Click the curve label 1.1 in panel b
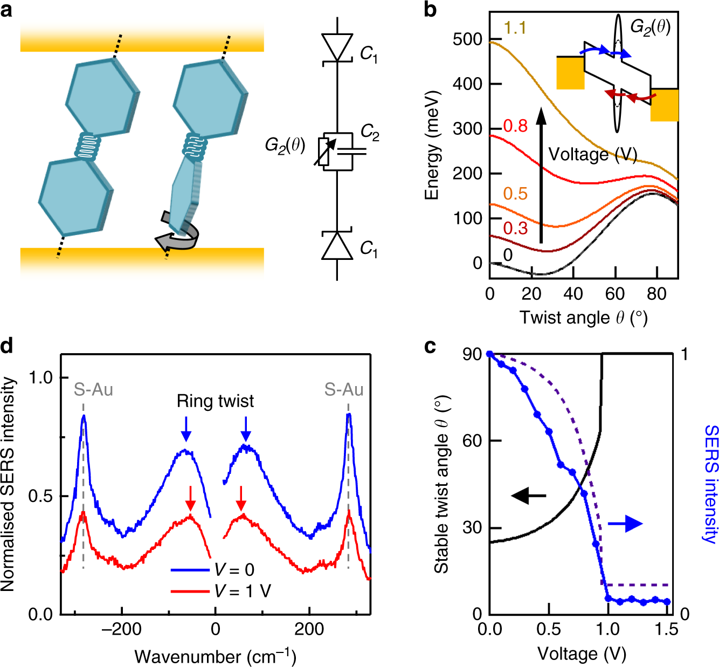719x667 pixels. pyautogui.click(x=515, y=28)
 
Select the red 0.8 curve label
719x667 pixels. pyautogui.click(x=515, y=126)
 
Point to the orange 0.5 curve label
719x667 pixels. pyautogui.click(x=515, y=194)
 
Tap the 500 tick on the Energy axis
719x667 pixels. pyautogui.click(x=467, y=39)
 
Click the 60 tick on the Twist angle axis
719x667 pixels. pyautogui.click(x=614, y=294)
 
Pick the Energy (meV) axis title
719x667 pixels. pyautogui.click(x=432, y=146)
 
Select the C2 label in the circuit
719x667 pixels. pyautogui.click(x=370, y=132)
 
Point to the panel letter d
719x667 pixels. pyautogui.click(x=7, y=346)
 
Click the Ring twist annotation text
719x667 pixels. pyautogui.click(x=215, y=401)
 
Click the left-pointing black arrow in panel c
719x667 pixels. pyautogui.click(x=528, y=495)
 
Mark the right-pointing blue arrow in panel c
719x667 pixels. pyautogui.click(x=625, y=523)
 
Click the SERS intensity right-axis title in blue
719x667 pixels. pyautogui.click(x=711, y=484)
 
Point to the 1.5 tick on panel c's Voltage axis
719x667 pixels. pyautogui.click(x=667, y=629)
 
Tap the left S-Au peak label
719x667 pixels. pyautogui.click(x=93, y=389)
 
